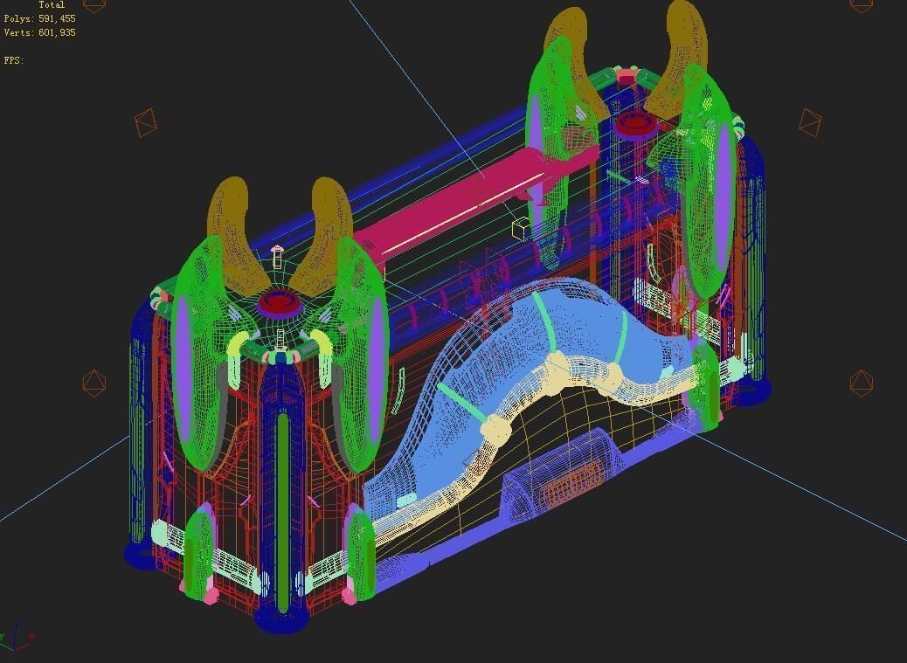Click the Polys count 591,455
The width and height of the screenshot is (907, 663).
(57, 18)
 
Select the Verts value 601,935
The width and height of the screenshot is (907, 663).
(57, 32)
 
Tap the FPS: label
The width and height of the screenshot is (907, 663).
(13, 60)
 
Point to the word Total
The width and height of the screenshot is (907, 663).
(52, 4)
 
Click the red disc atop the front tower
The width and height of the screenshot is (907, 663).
(279, 303)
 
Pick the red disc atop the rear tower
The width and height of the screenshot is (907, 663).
(635, 123)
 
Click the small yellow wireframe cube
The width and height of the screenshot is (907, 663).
(522, 229)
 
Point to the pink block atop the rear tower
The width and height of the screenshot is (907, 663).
(626, 79)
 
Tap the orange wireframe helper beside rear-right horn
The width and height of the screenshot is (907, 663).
(810, 121)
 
